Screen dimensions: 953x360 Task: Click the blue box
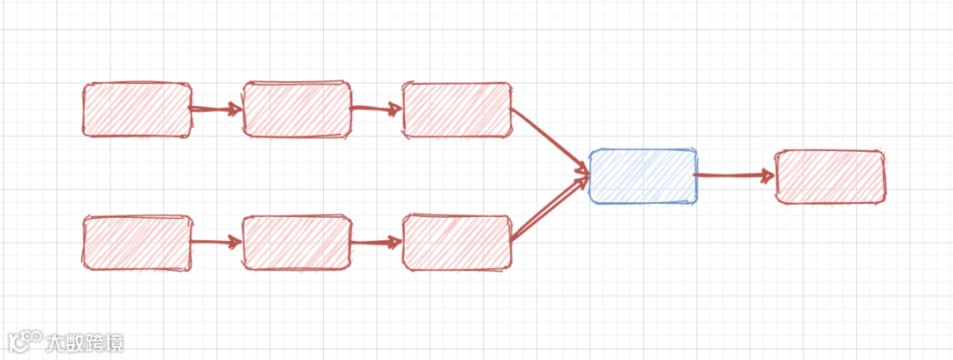642,176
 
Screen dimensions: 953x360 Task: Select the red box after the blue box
829,176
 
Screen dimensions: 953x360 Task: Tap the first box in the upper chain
137,110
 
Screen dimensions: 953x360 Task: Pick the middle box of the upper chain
296,110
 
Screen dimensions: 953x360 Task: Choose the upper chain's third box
456,110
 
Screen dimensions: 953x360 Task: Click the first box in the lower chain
137,243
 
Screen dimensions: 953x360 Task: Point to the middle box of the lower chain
296,243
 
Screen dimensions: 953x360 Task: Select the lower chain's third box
456,243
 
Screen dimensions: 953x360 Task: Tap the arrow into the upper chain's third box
376,109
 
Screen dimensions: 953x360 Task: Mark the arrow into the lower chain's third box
376,242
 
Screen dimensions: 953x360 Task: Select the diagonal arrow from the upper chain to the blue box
549,139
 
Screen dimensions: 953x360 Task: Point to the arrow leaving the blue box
734,176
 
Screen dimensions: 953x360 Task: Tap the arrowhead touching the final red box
768,176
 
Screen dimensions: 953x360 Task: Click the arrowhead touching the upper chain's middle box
236,109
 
